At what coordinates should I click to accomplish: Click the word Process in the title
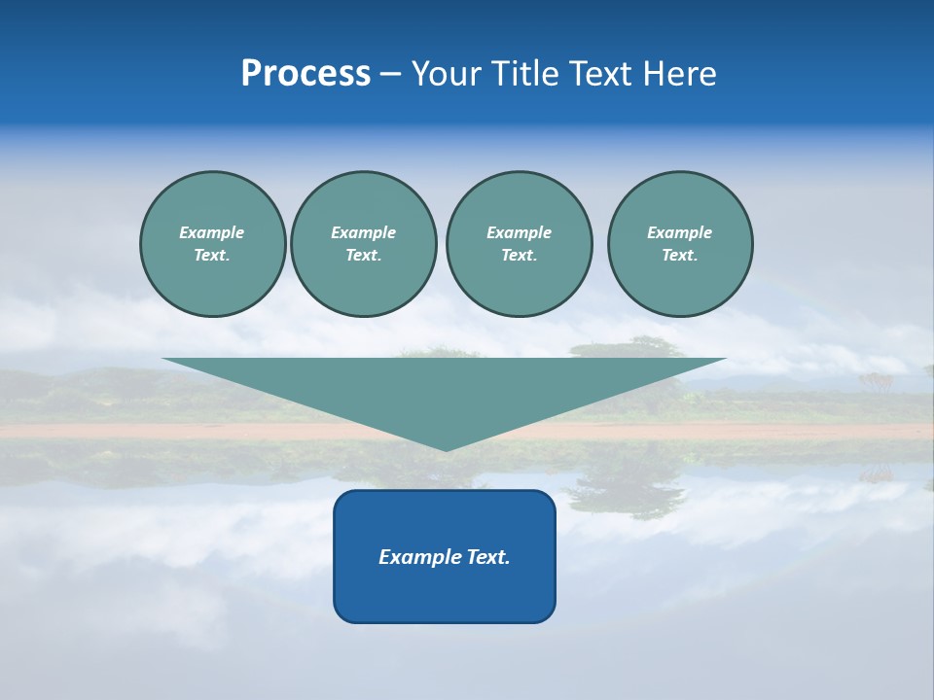[305, 74]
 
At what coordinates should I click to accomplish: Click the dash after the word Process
[390, 76]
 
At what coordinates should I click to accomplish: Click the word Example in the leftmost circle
[212, 232]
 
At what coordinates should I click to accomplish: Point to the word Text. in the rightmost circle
[680, 256]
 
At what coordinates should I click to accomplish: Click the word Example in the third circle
[519, 232]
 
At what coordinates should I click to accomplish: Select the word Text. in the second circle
[363, 256]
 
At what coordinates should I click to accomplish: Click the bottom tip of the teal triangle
[446, 448]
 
